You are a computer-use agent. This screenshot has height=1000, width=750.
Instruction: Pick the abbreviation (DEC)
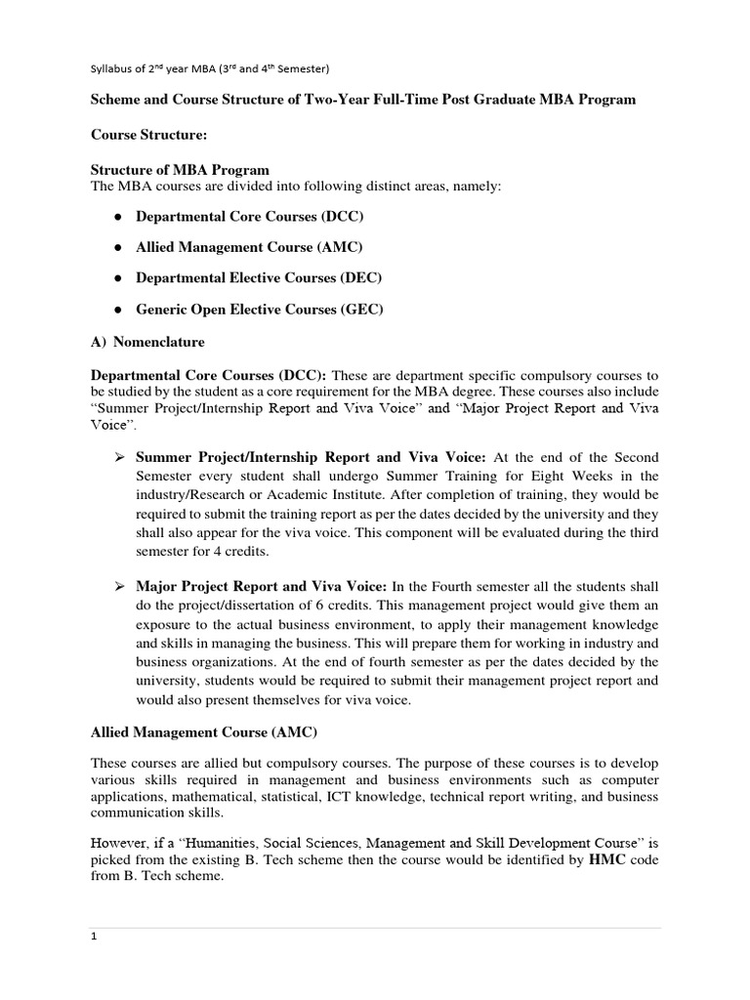360,278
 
